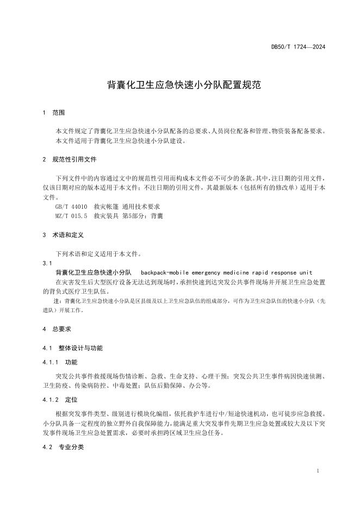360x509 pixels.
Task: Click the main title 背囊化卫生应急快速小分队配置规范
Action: (x=180, y=85)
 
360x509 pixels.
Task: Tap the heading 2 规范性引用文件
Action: (x=70, y=160)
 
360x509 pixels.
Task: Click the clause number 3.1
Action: (x=47, y=263)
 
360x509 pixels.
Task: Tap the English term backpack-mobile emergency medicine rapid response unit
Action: (x=226, y=272)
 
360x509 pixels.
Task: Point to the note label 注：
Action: (x=58, y=301)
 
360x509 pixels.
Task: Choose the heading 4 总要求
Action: (x=57, y=329)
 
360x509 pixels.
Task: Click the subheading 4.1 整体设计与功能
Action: (x=72, y=348)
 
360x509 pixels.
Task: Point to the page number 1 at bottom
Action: (x=317, y=471)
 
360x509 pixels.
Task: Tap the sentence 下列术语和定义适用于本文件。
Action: (x=99, y=254)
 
